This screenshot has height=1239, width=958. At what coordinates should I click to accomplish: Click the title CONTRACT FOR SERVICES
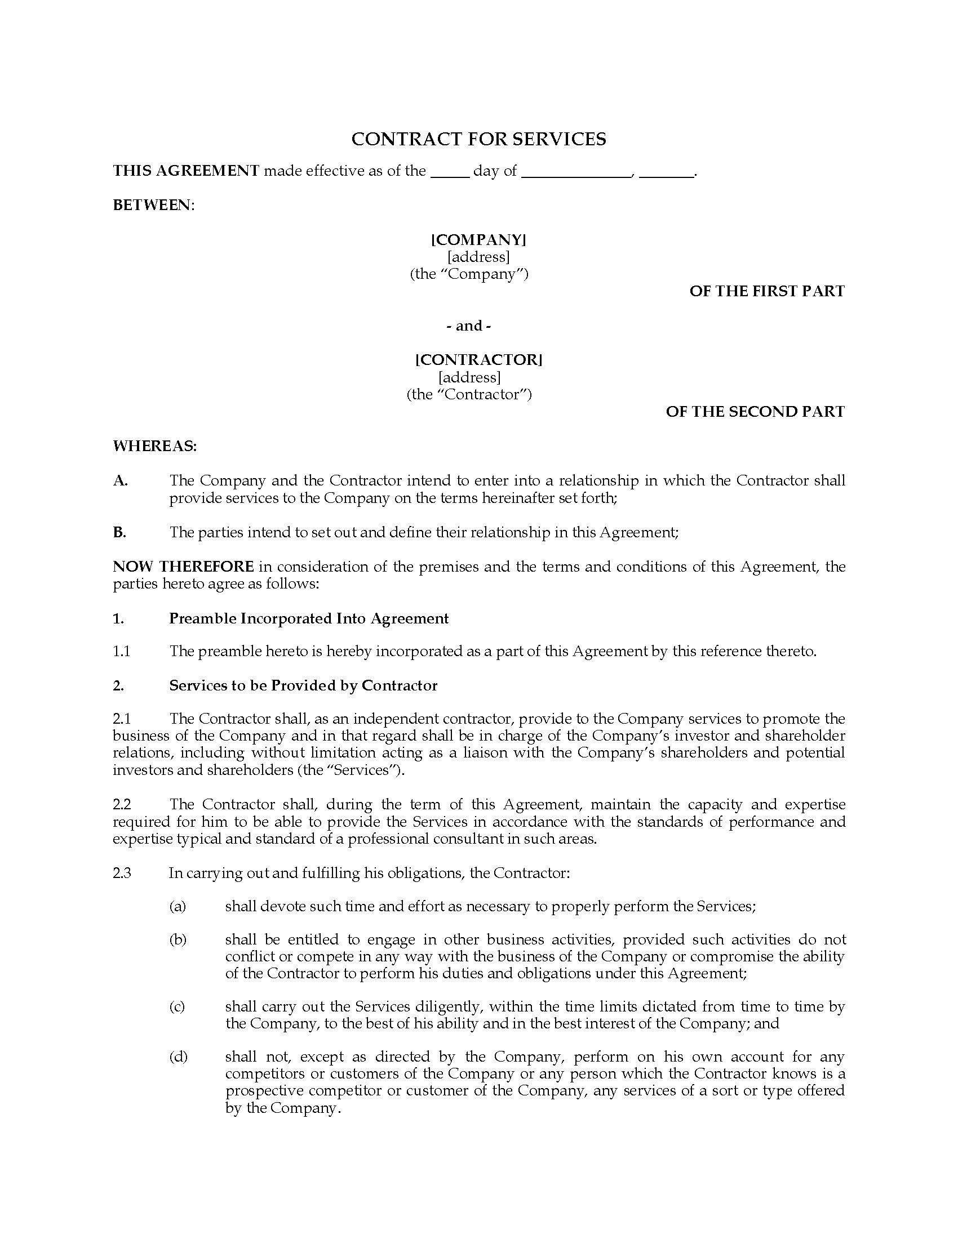(478, 139)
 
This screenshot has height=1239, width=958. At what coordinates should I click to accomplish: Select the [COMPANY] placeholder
(478, 240)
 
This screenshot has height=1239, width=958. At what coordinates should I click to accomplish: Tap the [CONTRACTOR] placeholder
(478, 360)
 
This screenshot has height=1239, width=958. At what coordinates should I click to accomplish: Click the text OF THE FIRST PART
(767, 291)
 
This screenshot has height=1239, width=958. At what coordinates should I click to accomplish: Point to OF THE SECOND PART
(755, 411)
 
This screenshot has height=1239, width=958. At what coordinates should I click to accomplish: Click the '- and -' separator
(469, 326)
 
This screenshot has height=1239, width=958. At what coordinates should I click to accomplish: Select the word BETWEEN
(153, 205)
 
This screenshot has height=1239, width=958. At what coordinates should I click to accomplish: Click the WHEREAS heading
(154, 446)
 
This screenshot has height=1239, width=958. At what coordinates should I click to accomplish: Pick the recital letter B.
(119, 532)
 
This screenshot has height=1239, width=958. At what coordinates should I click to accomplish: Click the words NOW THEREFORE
(183, 567)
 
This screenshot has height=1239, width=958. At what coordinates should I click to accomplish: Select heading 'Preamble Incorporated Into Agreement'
(309, 618)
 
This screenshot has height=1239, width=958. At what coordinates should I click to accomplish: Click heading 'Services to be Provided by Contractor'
(303, 685)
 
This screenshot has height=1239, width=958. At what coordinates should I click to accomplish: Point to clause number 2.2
(122, 804)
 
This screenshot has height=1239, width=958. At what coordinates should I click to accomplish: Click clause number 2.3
(122, 872)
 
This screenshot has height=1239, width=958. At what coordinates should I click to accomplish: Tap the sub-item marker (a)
(178, 906)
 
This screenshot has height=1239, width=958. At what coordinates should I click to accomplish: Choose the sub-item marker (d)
(178, 1057)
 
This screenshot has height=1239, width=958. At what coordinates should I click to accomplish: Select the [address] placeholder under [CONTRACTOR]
(469, 377)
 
